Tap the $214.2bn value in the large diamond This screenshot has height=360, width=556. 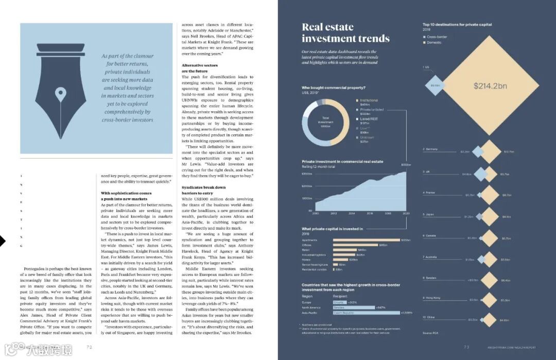[x=490, y=86]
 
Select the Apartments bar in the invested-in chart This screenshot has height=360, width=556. [x=366, y=240]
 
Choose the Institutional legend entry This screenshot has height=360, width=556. [x=368, y=100]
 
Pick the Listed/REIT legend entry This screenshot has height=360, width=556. [x=369, y=119]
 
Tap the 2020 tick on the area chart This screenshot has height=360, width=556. [x=406, y=213]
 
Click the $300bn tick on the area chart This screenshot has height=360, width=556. [x=307, y=174]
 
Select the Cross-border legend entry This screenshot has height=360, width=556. [x=436, y=37]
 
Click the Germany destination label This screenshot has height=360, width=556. [x=431, y=149]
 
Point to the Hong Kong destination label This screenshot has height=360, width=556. [x=432, y=298]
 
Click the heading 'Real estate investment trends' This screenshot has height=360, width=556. [x=345, y=33]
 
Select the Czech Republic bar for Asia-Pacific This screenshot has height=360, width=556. [x=366, y=313]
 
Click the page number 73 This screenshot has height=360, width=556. [x=466, y=347]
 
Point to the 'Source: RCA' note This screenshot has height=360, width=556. [x=430, y=333]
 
